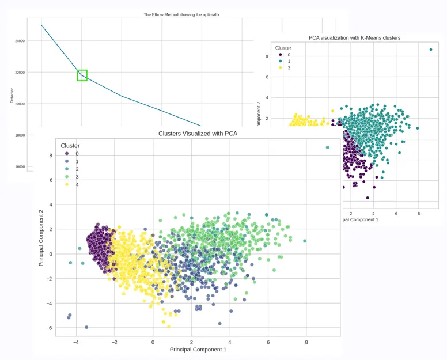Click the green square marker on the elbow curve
point(82,75)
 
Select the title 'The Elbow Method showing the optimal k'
point(181,14)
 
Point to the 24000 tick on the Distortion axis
point(20,41)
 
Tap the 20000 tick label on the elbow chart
point(20,104)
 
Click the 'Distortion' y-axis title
point(12,95)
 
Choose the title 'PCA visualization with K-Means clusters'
point(354,38)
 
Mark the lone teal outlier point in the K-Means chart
point(430,50)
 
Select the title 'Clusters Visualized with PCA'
point(198,134)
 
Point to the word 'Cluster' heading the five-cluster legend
point(70,146)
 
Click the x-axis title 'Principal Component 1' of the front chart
point(198,350)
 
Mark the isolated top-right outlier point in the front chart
point(327,147)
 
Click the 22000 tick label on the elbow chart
point(20,73)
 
